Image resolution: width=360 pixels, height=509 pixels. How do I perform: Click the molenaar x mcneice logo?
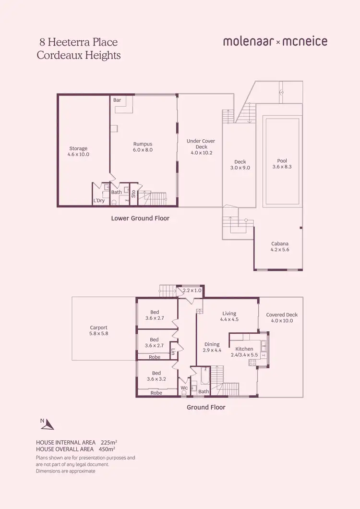pyautogui.click(x=275, y=41)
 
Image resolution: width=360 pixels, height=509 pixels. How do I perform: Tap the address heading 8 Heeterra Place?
pyautogui.click(x=77, y=43)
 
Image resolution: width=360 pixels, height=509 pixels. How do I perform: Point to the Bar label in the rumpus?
pyautogui.click(x=117, y=100)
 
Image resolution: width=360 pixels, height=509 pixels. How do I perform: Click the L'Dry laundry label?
pyautogui.click(x=99, y=201)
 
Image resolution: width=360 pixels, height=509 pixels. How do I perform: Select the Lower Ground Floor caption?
pyautogui.click(x=140, y=218)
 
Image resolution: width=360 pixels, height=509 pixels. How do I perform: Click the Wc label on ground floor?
pyautogui.click(x=184, y=388)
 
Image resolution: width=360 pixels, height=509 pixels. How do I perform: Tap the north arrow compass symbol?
pyautogui.click(x=47, y=424)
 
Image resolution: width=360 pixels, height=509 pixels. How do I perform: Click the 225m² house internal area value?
pyautogui.click(x=108, y=441)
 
